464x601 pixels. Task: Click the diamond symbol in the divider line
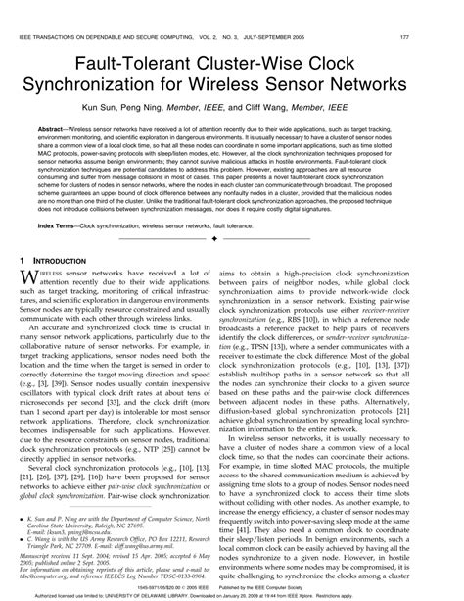tap(231, 241)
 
